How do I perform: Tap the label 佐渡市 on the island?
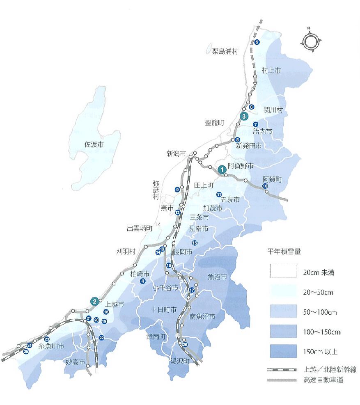tap(94, 144)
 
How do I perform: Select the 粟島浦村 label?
tap(225, 52)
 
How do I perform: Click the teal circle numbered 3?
tap(244, 116)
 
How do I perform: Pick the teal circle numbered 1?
tap(222, 169)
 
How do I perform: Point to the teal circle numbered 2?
tap(95, 302)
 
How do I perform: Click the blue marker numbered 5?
tap(257, 42)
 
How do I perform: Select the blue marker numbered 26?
tap(185, 344)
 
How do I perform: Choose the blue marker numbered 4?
tap(143, 281)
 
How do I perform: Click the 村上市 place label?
tap(271, 71)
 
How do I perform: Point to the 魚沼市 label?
tap(217, 277)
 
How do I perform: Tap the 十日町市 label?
tap(164, 309)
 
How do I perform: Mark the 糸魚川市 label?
tap(51, 346)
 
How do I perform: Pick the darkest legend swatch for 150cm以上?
tap(283, 351)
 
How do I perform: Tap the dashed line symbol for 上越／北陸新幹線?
tap(283, 370)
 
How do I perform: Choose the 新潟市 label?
tap(177, 154)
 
